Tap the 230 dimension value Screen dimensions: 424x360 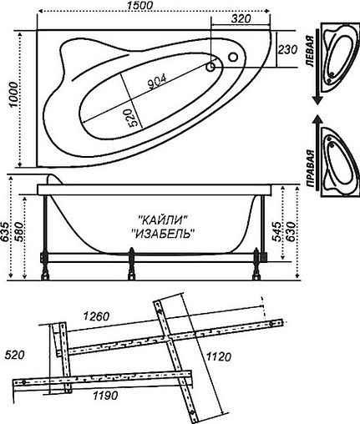pos(287,50)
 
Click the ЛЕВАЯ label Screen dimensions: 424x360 pos(311,57)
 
